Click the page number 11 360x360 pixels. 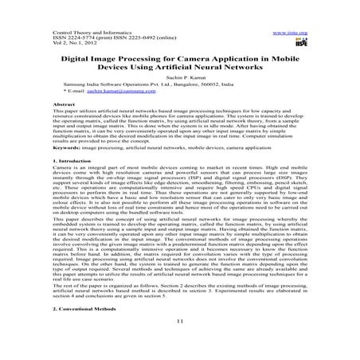point(179,322)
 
